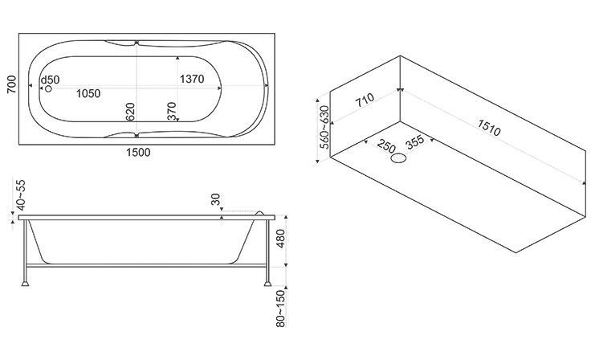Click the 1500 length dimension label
pos(138,153)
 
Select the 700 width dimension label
pos(12,84)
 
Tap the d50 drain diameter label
pos(50,80)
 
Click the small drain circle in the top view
pos(48,88)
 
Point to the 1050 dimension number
pos(88,93)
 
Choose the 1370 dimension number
pos(192,79)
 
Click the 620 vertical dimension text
pos(130,112)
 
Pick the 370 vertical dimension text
pos(172,112)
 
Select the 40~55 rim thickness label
pos(21,194)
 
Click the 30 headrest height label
pos(215,199)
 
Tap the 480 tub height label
pos(281,239)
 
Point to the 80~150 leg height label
pos(281,309)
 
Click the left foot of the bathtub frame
pos(25,283)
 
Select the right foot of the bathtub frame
pos(267,283)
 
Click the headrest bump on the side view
pos(259,213)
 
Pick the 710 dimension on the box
pos(365,100)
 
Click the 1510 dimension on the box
pos(489,128)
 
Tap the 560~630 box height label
pos(324,127)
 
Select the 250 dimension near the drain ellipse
pos(386,145)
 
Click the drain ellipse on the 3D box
pos(398,158)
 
